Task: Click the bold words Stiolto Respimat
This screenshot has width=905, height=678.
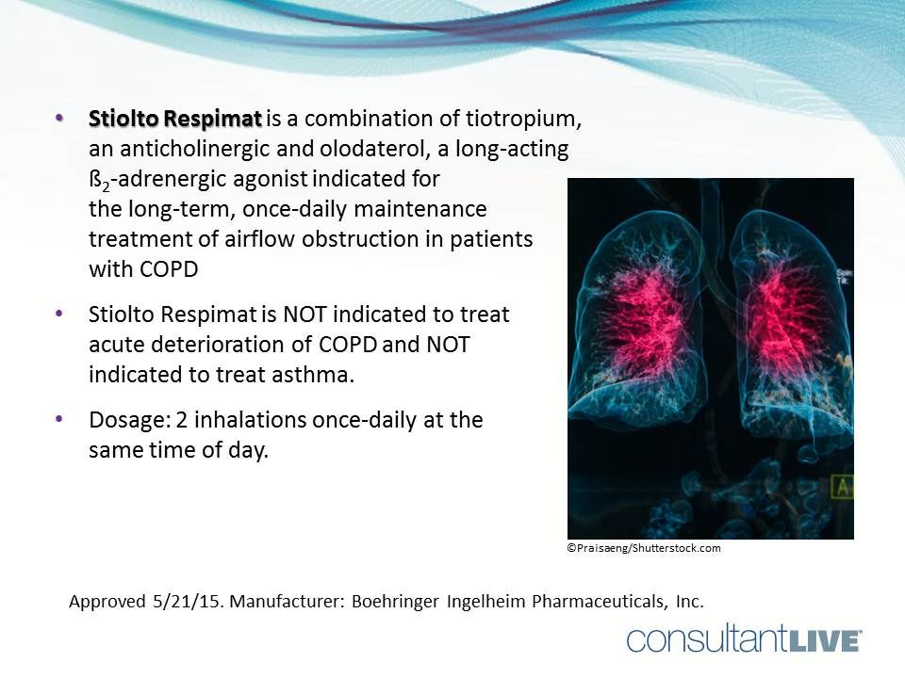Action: click(x=174, y=120)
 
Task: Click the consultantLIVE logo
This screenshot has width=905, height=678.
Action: click(x=745, y=640)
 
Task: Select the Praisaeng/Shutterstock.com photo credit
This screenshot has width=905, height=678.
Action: click(x=644, y=548)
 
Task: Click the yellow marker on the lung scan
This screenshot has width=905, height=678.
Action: click(x=842, y=487)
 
